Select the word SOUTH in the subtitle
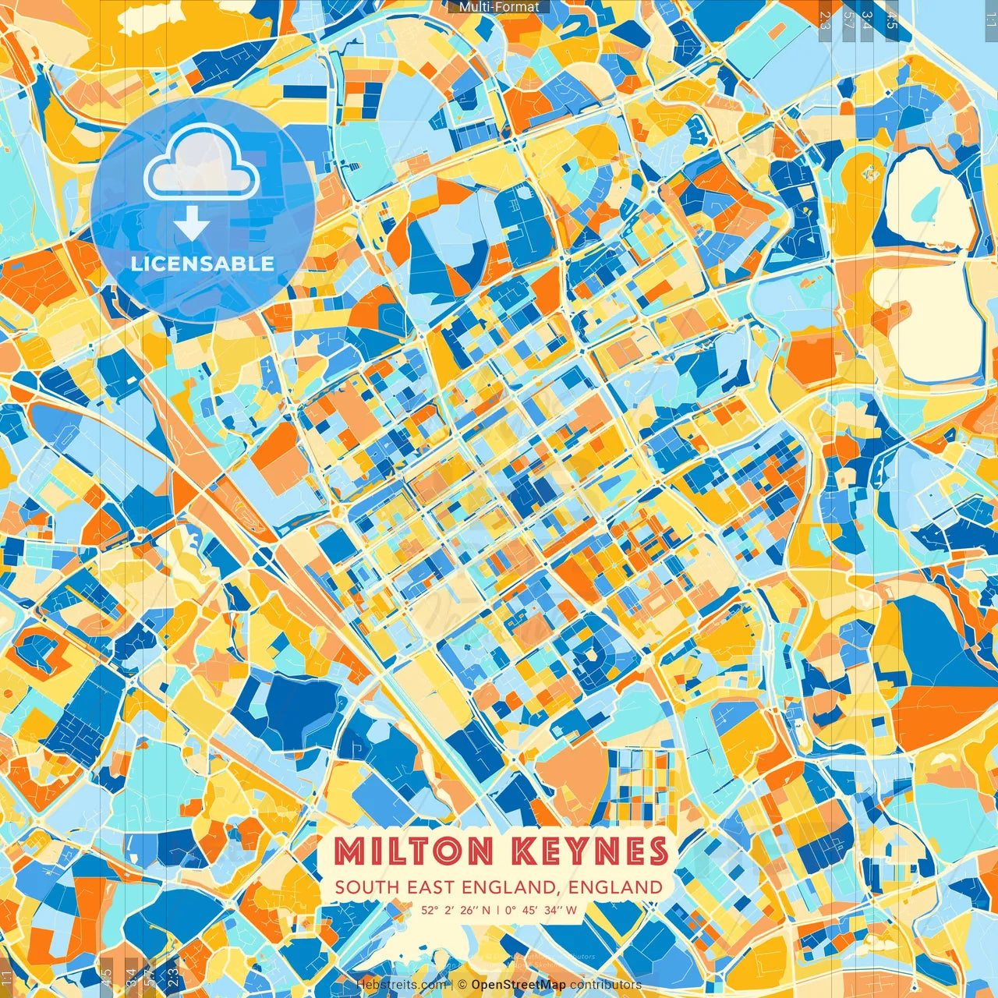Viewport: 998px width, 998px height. click(x=366, y=887)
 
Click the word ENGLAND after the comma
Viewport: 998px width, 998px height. click(x=615, y=887)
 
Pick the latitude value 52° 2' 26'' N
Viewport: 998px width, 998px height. click(x=456, y=910)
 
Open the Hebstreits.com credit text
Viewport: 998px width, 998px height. click(x=401, y=985)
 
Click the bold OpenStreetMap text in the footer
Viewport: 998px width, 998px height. click(x=518, y=985)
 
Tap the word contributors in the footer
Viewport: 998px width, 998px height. click(x=605, y=985)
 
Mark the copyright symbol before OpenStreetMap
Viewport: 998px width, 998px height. click(x=462, y=985)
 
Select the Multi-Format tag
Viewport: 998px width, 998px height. click(x=499, y=7)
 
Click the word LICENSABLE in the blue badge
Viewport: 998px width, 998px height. click(x=203, y=264)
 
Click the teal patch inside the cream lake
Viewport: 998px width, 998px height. click(x=925, y=204)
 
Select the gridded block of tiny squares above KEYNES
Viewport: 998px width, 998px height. click(x=639, y=787)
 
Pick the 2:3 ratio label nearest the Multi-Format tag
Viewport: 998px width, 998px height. click(x=826, y=19)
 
